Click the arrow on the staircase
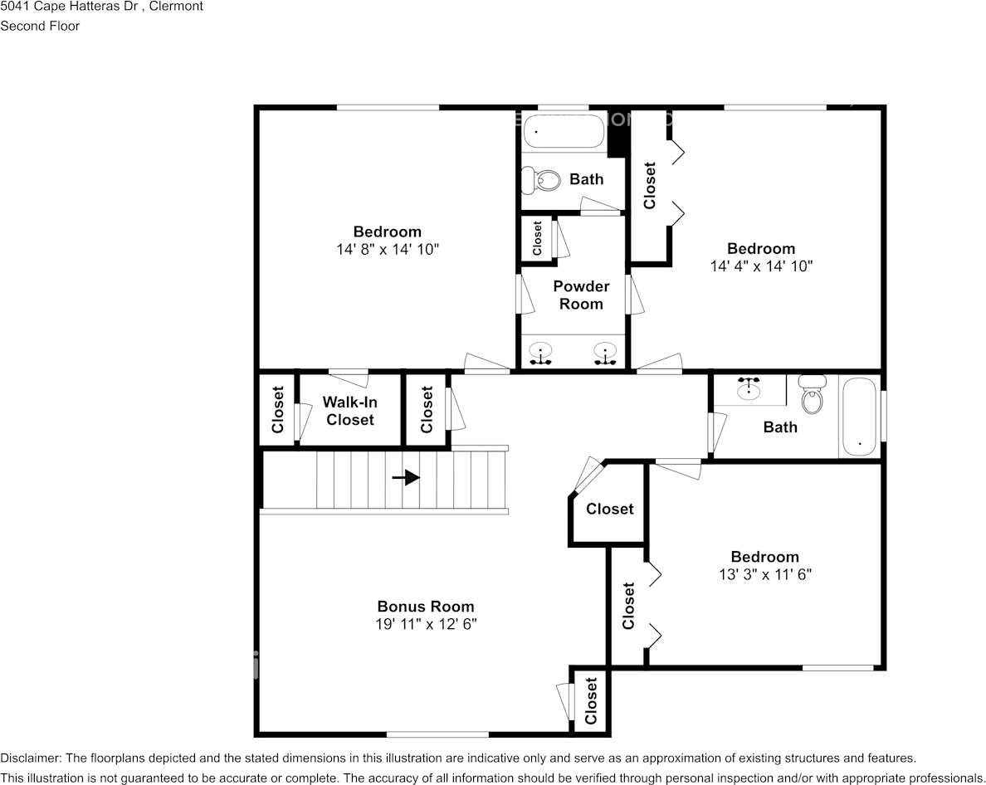pyautogui.click(x=406, y=478)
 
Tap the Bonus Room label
pyautogui.click(x=426, y=607)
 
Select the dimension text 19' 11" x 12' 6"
pyautogui.click(x=426, y=624)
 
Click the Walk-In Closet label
pyautogui.click(x=350, y=411)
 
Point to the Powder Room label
pyautogui.click(x=581, y=295)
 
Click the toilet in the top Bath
pyautogui.click(x=541, y=181)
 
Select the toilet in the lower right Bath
pyautogui.click(x=813, y=395)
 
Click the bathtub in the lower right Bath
pyautogui.click(x=859, y=417)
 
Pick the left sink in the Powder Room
pyautogui.click(x=540, y=353)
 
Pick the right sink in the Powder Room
pyautogui.click(x=605, y=353)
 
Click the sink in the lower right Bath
pyautogui.click(x=749, y=389)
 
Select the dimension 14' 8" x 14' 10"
pyautogui.click(x=388, y=250)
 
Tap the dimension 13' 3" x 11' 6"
pyautogui.click(x=765, y=574)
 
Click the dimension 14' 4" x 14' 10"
pyautogui.click(x=761, y=266)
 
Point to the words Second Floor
pyautogui.click(x=40, y=26)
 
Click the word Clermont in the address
pyautogui.click(x=176, y=7)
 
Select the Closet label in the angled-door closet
pyautogui.click(x=609, y=509)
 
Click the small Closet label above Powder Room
pyautogui.click(x=537, y=237)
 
